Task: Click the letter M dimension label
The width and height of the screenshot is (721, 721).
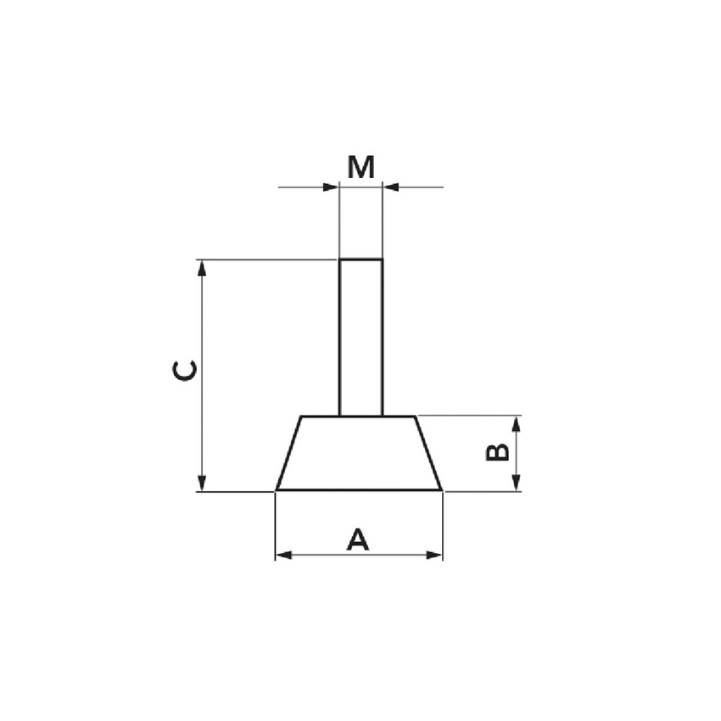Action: click(360, 168)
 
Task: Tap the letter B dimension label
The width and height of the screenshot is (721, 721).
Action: click(498, 451)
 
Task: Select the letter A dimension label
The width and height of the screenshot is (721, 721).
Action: click(359, 539)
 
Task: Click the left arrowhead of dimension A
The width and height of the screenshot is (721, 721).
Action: click(283, 556)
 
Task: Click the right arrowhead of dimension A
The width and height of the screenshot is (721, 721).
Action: click(434, 556)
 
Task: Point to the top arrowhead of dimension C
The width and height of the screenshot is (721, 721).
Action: click(202, 268)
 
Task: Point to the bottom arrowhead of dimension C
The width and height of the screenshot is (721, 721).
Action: click(202, 483)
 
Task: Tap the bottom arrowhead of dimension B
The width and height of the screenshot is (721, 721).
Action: click(516, 483)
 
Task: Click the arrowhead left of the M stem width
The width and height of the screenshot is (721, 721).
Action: click(332, 187)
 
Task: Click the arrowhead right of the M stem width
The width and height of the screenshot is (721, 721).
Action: click(390, 187)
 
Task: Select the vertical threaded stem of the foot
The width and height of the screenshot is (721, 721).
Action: click(360, 339)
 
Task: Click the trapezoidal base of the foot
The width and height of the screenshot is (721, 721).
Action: click(359, 454)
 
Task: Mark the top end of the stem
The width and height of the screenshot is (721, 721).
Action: click(360, 260)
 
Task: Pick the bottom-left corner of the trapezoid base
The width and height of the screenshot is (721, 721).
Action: click(277, 489)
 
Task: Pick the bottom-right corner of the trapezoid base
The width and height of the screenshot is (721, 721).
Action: click(441, 489)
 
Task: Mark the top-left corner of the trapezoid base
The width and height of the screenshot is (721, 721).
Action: click(302, 416)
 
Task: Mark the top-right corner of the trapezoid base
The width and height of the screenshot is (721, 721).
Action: click(416, 416)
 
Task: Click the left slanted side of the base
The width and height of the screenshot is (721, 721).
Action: click(289, 454)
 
